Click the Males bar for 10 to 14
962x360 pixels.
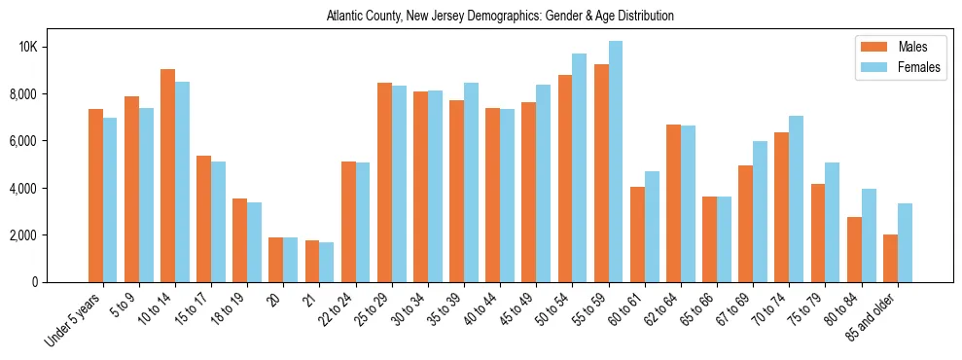[x=167, y=175]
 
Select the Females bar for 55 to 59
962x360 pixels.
[x=616, y=162]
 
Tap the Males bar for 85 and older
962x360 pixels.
[x=890, y=258]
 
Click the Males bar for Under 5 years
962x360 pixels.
[x=95, y=196]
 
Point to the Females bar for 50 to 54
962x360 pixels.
[x=580, y=167]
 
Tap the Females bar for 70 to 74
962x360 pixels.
[x=796, y=198]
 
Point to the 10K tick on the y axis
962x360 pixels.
[x=55, y=47]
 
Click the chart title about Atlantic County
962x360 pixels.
[x=500, y=17]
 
